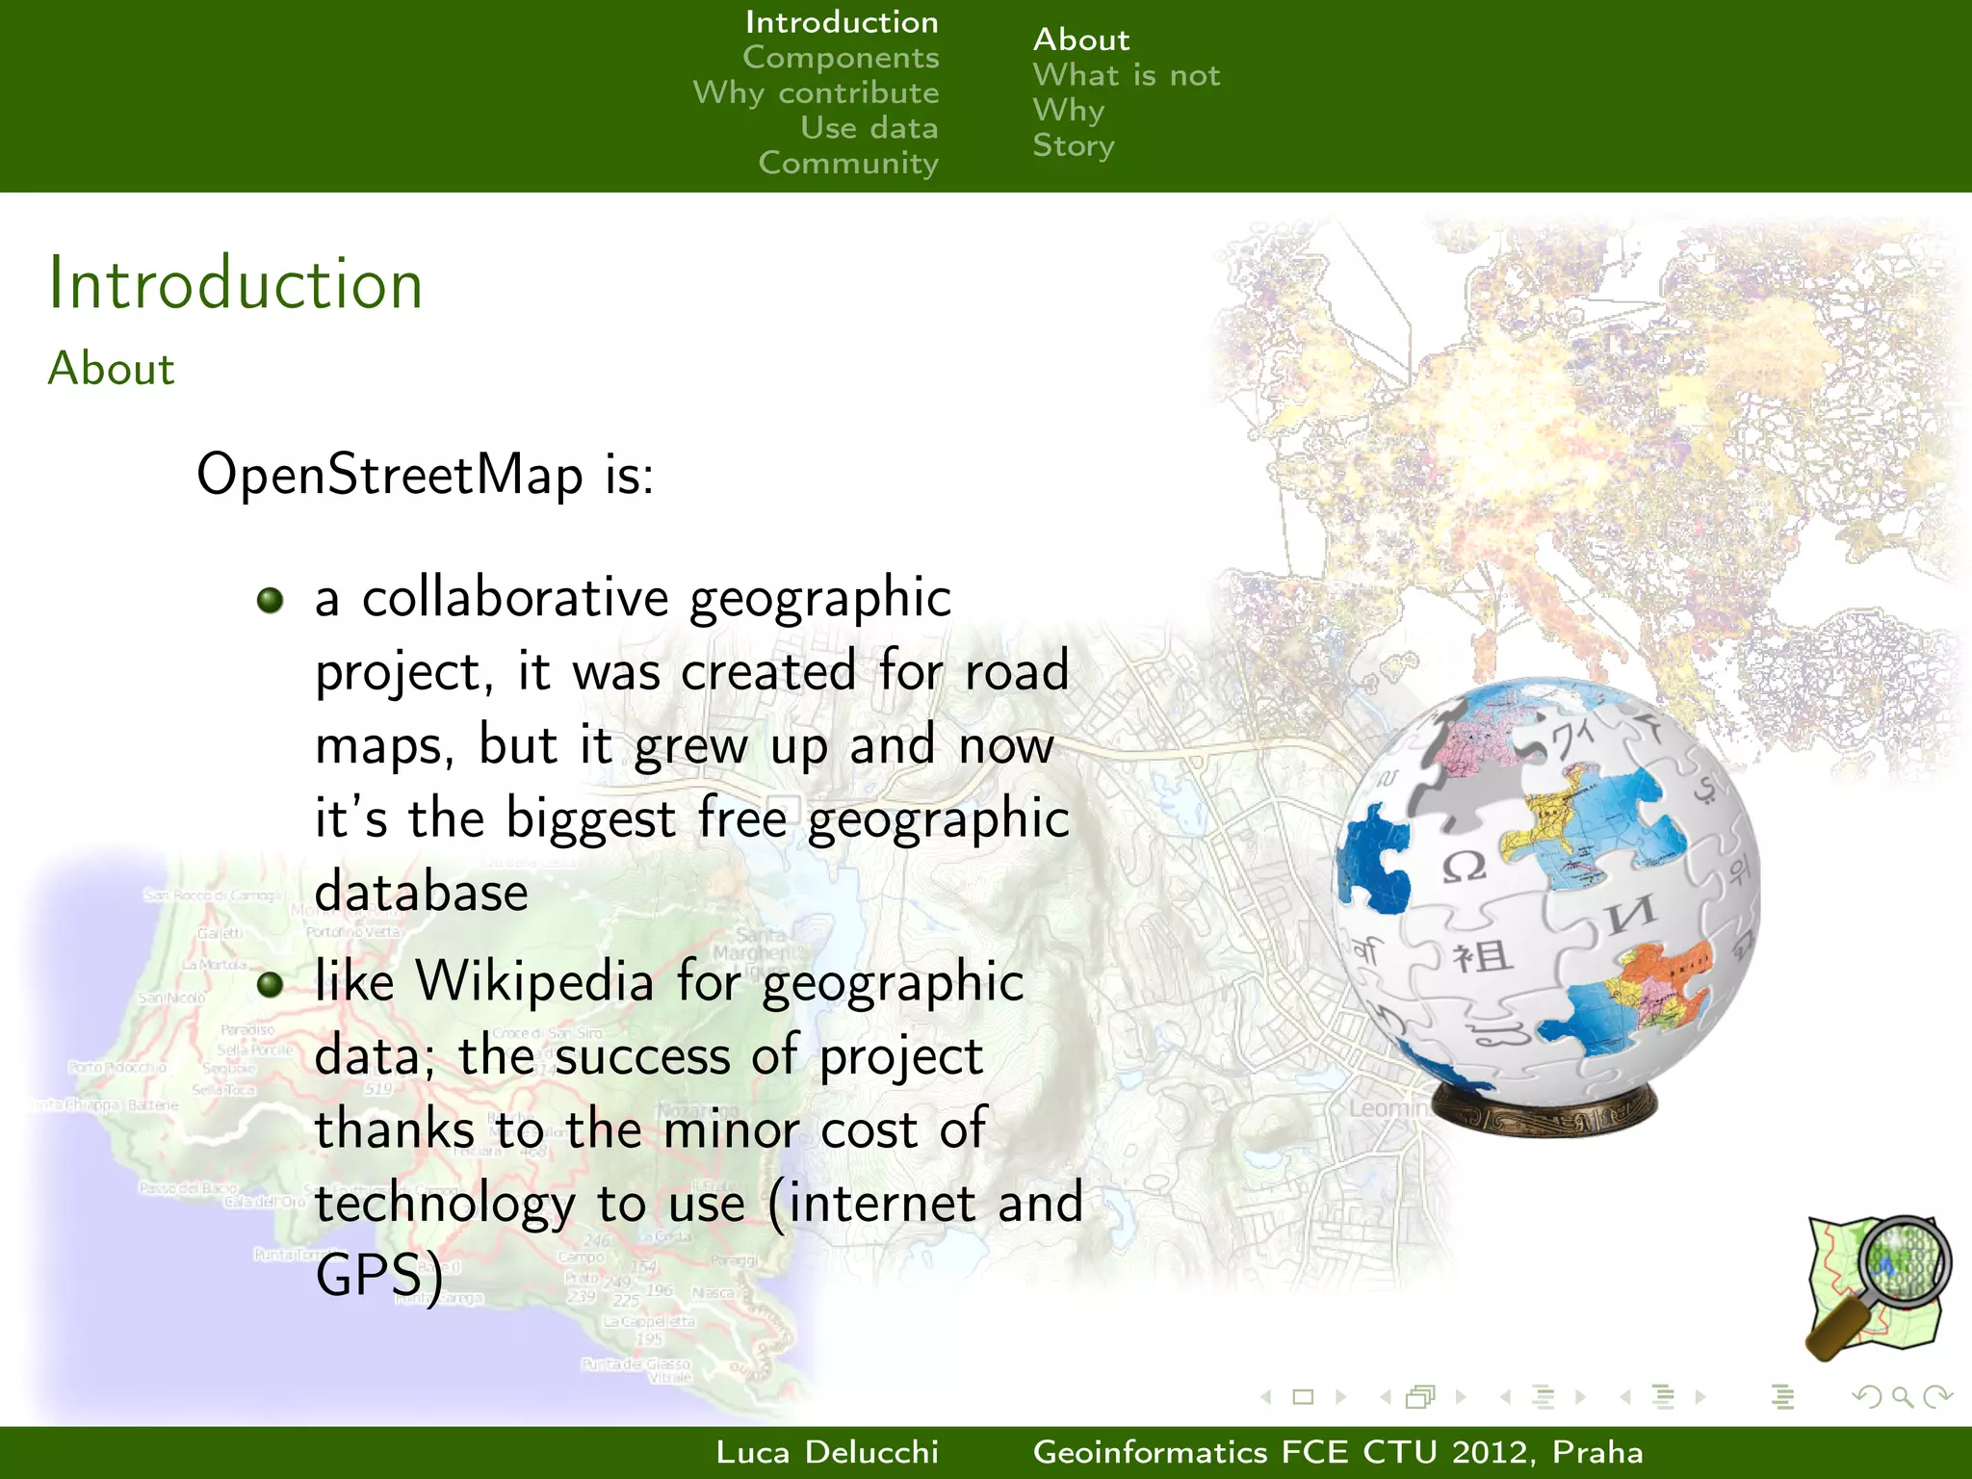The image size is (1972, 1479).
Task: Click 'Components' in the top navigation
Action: click(841, 58)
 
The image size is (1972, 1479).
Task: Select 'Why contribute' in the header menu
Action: click(816, 93)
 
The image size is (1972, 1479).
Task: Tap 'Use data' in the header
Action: click(869, 128)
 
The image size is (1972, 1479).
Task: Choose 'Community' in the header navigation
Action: click(847, 163)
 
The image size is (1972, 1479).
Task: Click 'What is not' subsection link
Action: click(1126, 75)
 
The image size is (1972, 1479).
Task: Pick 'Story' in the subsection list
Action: click(1073, 145)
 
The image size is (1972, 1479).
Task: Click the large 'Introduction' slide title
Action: click(236, 284)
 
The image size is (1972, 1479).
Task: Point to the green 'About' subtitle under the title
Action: click(112, 369)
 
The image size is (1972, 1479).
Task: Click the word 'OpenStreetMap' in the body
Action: click(390, 475)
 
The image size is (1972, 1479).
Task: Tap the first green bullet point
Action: click(271, 601)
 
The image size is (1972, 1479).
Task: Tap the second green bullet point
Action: click(271, 984)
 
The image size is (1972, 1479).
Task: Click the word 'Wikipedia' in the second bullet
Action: click(534, 982)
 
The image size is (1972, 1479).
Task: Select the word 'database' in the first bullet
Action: click(422, 893)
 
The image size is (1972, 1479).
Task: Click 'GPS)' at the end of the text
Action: click(379, 1276)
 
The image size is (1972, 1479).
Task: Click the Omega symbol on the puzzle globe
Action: click(1463, 867)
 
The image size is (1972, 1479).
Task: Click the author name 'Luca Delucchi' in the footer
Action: click(827, 1452)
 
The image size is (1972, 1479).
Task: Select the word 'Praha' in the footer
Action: click(1597, 1452)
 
